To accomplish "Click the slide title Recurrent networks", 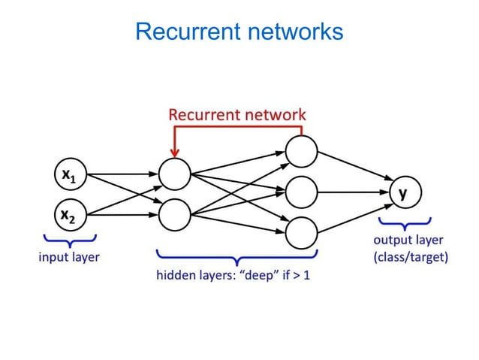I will coord(239,32).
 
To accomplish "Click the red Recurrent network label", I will coord(237,115).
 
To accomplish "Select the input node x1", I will coord(69,176).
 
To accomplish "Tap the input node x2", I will coord(69,215).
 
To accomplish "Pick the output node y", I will coord(404,193).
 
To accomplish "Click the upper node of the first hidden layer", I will coord(173,175).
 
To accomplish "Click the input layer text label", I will coord(69,257).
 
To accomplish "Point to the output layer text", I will coord(408,241).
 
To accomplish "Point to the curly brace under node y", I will coord(405,223).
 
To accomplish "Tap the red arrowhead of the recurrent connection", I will coord(174,153).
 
